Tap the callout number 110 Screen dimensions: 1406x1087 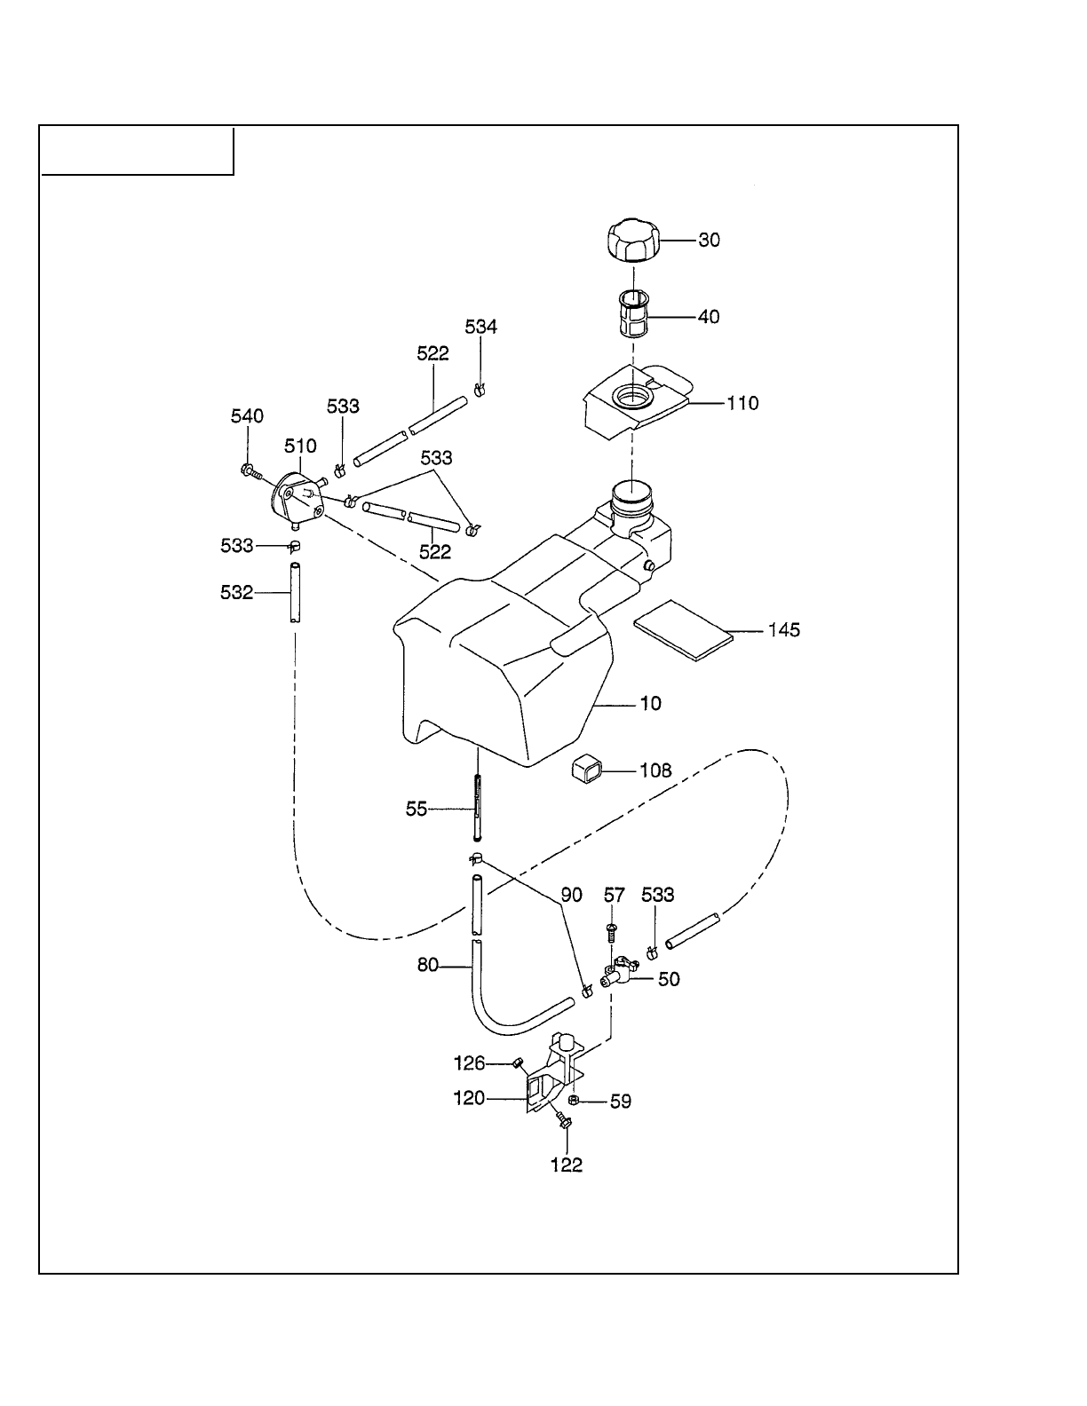[x=742, y=404]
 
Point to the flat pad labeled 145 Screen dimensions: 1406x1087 [x=682, y=628]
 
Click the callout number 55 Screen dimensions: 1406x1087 [x=417, y=810]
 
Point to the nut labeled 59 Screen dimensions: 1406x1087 [x=573, y=1101]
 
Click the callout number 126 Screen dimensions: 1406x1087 [x=469, y=1062]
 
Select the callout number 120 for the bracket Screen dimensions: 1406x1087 [x=469, y=1099]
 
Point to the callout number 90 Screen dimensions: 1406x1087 [x=572, y=895]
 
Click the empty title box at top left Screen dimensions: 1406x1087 [x=138, y=151]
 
